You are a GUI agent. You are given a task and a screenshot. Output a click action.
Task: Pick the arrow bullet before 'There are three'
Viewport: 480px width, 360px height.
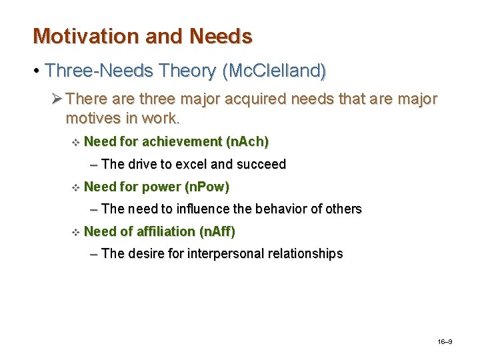tap(57, 99)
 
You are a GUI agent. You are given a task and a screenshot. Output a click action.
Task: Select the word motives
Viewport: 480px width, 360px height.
tap(93, 119)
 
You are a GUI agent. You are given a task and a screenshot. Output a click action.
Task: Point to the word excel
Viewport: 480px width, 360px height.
tap(191, 164)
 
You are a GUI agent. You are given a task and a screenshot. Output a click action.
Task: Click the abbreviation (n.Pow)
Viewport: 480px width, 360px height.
tap(206, 187)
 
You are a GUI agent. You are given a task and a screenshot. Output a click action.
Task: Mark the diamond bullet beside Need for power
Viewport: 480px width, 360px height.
tap(75, 187)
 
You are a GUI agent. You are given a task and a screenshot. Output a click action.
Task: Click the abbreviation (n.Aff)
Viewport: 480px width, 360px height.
tap(217, 231)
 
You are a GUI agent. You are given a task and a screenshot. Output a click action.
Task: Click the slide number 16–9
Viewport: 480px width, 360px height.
tap(445, 342)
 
